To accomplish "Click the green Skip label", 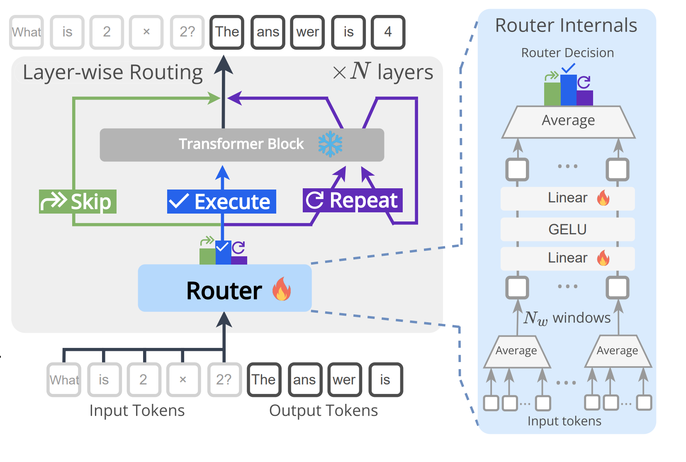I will pos(78,202).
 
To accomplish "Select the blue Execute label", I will pos(221,202).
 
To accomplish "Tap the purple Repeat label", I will pos(353,200).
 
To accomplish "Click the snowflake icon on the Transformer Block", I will pos(330,144).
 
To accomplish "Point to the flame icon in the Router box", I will pos(282,289).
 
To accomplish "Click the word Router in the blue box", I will pos(224,290).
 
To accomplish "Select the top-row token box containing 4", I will pos(388,32).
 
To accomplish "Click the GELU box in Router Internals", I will pos(567,229).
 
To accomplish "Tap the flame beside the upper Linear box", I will pos(603,198).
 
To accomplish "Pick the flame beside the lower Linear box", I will pos(603,258).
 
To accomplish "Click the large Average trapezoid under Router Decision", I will pos(568,121).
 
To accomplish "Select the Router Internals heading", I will pos(566,26).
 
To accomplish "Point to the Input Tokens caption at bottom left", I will pos(137,411).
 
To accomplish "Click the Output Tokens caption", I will pos(324,411).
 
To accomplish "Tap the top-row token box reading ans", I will pos(268,32).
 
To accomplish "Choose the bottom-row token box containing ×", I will pos(183,379).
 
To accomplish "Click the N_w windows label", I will pos(567,318).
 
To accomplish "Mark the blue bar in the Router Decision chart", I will pos(568,90).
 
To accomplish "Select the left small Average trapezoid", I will pos(517,352).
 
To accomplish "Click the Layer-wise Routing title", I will pos(112,73).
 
